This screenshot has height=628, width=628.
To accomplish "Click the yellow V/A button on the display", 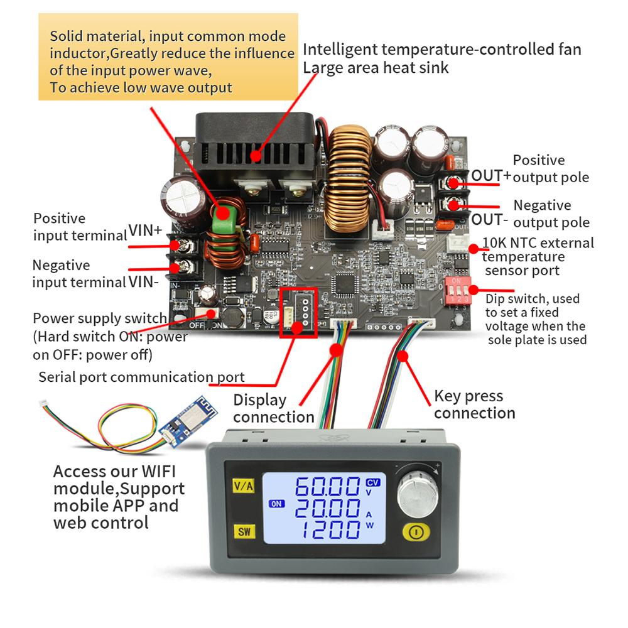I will pyautogui.click(x=242, y=486).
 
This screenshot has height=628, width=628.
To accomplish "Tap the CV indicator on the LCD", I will pyautogui.click(x=372, y=482).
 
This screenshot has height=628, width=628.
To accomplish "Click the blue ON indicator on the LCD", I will pyautogui.click(x=276, y=503).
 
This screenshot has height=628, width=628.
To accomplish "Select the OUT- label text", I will pyautogui.click(x=490, y=219).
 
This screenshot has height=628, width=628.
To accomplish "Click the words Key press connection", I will pyautogui.click(x=474, y=404).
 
